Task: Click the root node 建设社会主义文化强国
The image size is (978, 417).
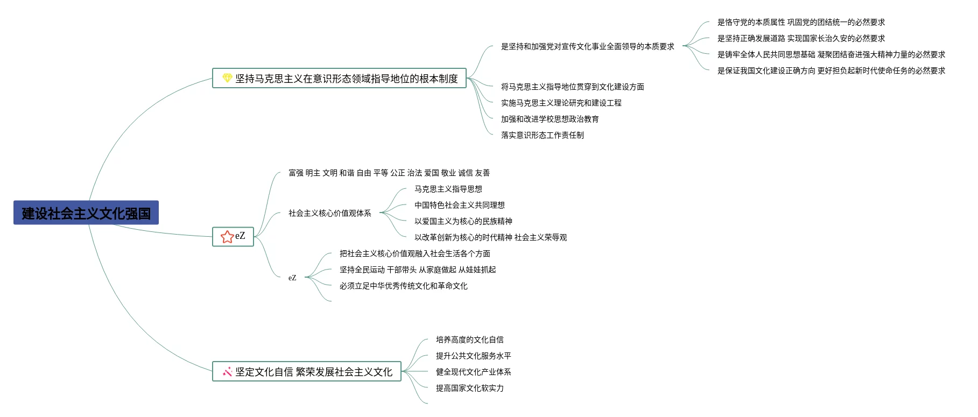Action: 86,213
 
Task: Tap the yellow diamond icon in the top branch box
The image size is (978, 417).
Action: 227,79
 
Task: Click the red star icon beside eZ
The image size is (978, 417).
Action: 227,237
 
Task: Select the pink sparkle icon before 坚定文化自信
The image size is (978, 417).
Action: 227,372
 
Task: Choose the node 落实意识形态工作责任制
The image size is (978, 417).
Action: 543,135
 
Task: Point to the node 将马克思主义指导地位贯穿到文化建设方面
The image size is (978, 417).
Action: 573,87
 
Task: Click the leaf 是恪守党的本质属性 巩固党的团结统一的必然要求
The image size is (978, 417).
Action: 801,22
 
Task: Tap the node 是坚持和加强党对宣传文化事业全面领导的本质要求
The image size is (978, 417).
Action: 588,46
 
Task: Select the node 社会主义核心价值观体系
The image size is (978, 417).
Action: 330,213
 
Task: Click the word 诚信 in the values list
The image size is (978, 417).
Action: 466,173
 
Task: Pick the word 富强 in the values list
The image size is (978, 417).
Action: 296,173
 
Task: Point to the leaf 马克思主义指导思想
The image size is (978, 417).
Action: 448,189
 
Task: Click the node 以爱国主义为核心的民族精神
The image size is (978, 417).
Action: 463,221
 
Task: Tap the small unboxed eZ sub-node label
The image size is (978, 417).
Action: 292,278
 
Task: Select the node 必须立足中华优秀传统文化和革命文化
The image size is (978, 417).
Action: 404,286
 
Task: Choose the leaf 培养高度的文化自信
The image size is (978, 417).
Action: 470,340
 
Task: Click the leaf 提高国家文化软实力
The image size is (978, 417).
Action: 470,388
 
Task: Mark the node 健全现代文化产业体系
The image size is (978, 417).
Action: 474,372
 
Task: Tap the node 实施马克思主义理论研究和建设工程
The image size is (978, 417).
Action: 561,103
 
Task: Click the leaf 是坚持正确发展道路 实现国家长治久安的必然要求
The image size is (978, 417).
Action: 801,38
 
